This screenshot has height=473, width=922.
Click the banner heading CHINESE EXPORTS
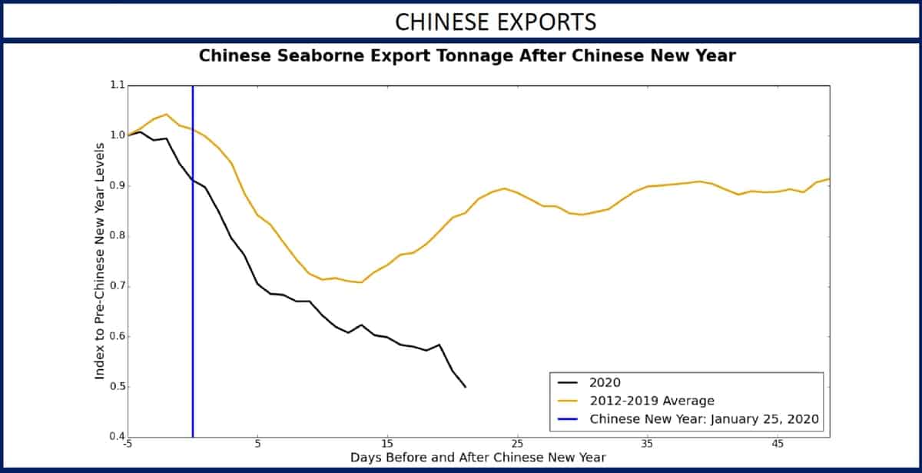click(496, 22)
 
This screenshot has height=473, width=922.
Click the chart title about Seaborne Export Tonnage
click(467, 56)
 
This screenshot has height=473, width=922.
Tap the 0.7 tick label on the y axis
click(115, 286)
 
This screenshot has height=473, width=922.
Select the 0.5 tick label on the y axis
click(115, 387)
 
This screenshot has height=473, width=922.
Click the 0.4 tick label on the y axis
click(115, 437)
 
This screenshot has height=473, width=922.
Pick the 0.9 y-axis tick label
click(115, 186)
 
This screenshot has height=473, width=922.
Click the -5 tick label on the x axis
click(128, 445)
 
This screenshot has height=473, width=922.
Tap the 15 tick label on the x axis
click(387, 445)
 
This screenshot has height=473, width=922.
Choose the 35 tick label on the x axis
click(647, 445)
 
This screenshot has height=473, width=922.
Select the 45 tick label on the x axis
click(777, 445)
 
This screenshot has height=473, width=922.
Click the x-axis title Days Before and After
click(478, 458)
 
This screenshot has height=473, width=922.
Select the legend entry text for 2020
click(605, 381)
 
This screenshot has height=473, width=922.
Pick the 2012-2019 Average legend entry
click(652, 400)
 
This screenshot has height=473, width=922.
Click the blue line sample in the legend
click(569, 419)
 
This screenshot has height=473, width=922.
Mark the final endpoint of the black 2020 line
click(465, 387)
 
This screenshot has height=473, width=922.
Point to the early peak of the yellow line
click(167, 114)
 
